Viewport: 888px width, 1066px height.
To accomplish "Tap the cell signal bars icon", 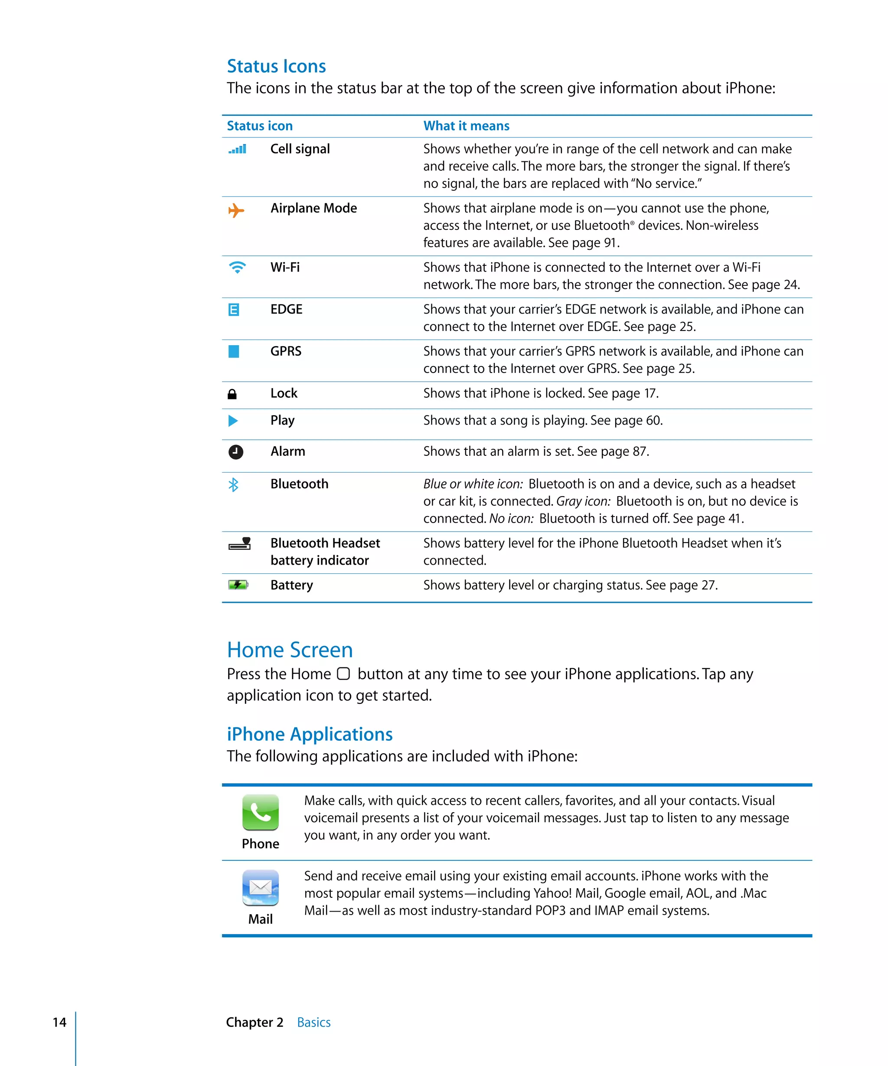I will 237,149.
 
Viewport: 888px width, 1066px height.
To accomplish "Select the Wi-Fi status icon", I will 237,267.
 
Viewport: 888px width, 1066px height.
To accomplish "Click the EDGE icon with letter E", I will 233,310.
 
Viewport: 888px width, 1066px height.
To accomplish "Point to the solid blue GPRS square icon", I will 233,351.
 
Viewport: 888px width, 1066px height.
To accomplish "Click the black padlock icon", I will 232,394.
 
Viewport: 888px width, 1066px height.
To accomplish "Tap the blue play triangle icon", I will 233,420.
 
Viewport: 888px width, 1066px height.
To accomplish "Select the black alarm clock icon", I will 235,452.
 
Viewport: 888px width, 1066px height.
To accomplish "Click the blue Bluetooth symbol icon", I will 233,485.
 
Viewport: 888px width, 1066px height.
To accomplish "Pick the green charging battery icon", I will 238,585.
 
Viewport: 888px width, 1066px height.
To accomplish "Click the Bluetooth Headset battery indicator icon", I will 239,544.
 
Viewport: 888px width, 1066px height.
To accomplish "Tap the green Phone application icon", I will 260,812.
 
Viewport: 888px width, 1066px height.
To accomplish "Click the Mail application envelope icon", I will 260,887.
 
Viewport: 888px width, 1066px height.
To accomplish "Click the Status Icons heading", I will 276,66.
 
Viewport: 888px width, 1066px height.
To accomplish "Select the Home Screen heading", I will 290,650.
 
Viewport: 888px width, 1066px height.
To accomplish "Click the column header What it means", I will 466,126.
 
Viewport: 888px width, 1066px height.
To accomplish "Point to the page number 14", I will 59,1022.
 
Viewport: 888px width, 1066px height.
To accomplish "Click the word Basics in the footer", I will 313,1022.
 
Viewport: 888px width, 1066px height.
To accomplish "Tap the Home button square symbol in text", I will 343,674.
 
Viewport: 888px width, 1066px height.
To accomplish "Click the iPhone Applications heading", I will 310,734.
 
